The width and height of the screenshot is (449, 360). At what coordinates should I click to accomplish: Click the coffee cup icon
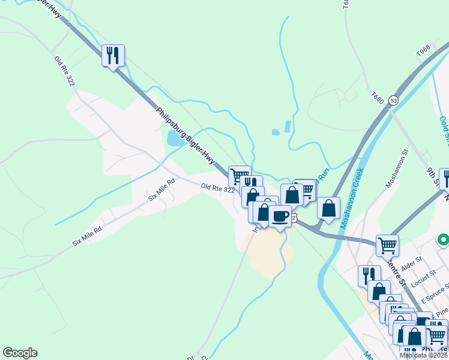tap(280, 216)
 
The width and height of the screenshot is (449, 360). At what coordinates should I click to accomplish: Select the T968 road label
tap(423, 54)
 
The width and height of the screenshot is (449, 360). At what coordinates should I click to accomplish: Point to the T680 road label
tap(377, 97)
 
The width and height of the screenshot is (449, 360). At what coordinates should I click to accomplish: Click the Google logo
tap(20, 353)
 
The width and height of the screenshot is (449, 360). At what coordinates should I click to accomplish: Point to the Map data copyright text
tap(423, 355)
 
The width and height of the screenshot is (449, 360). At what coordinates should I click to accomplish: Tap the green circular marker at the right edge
tap(444, 241)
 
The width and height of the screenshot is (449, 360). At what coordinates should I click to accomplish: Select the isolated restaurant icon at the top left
tap(113, 55)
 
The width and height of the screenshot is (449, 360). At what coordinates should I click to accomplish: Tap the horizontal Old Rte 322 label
tap(218, 188)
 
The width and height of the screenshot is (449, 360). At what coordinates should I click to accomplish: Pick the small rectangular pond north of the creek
tap(287, 127)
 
